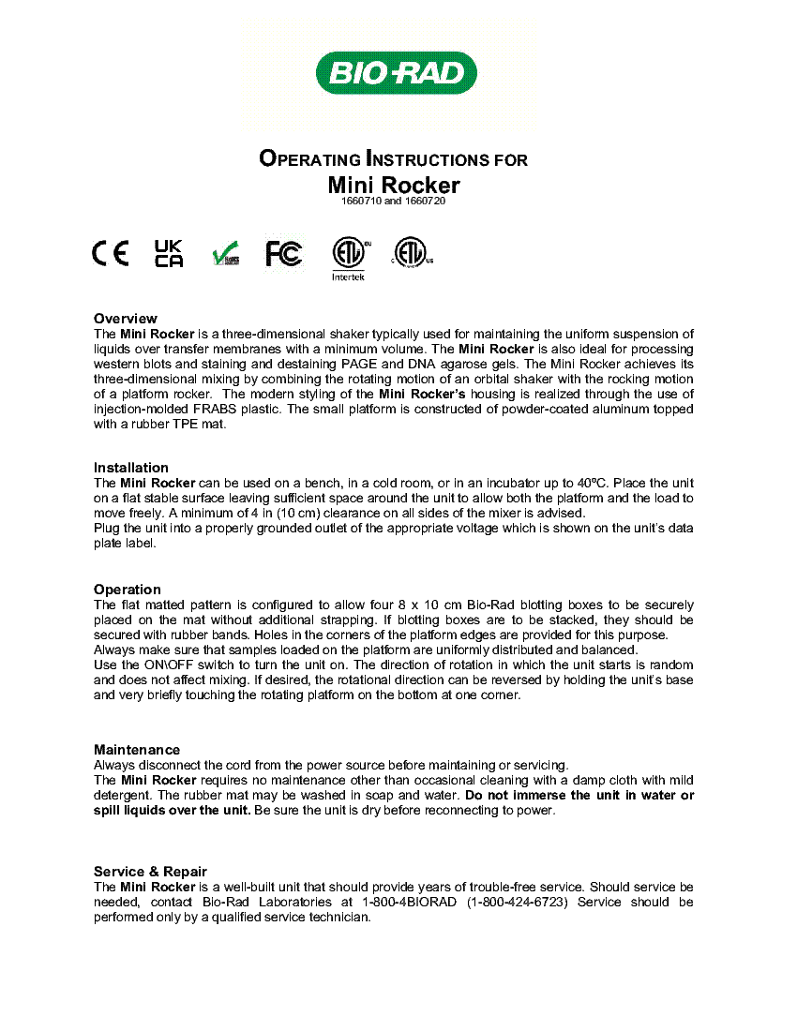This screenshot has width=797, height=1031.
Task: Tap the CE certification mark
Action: click(111, 254)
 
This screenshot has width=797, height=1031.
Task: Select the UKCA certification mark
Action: click(169, 253)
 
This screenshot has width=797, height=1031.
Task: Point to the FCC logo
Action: click(283, 253)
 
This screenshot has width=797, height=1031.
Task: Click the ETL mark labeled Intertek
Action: click(349, 256)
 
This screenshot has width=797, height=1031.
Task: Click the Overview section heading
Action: click(126, 319)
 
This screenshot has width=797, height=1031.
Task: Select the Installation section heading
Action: click(131, 468)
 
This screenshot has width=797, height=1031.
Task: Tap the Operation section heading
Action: click(128, 590)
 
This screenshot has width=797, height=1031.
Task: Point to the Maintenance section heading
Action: click(137, 750)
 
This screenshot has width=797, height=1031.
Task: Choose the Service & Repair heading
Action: click(150, 872)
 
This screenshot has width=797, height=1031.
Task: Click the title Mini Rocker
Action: click(394, 185)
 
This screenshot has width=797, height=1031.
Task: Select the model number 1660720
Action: click(427, 202)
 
